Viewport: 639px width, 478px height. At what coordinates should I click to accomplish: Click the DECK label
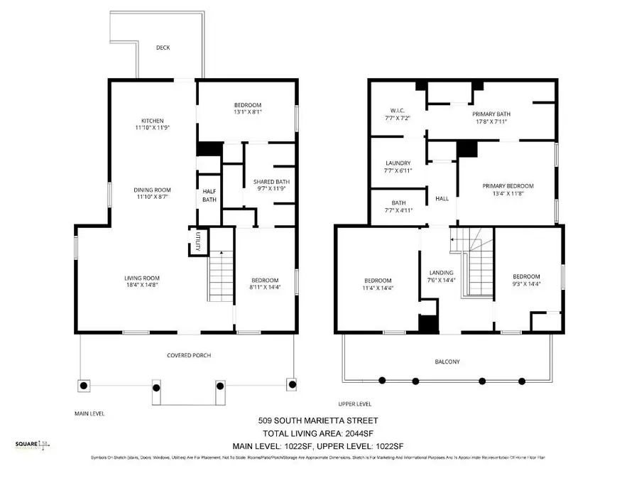(x=163, y=48)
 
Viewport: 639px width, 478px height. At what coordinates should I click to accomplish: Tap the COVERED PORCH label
(x=188, y=355)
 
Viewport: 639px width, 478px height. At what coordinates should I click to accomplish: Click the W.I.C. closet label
(x=397, y=110)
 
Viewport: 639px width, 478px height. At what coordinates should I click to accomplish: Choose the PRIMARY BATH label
(x=491, y=114)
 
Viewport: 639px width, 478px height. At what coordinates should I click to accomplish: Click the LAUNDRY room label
(x=397, y=163)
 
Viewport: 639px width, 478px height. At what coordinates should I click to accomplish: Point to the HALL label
(x=442, y=199)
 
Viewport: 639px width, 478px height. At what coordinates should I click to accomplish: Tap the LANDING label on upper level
(x=441, y=273)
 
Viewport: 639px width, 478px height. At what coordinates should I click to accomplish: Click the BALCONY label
(x=447, y=362)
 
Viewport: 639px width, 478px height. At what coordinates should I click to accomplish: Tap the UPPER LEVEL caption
(x=354, y=403)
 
